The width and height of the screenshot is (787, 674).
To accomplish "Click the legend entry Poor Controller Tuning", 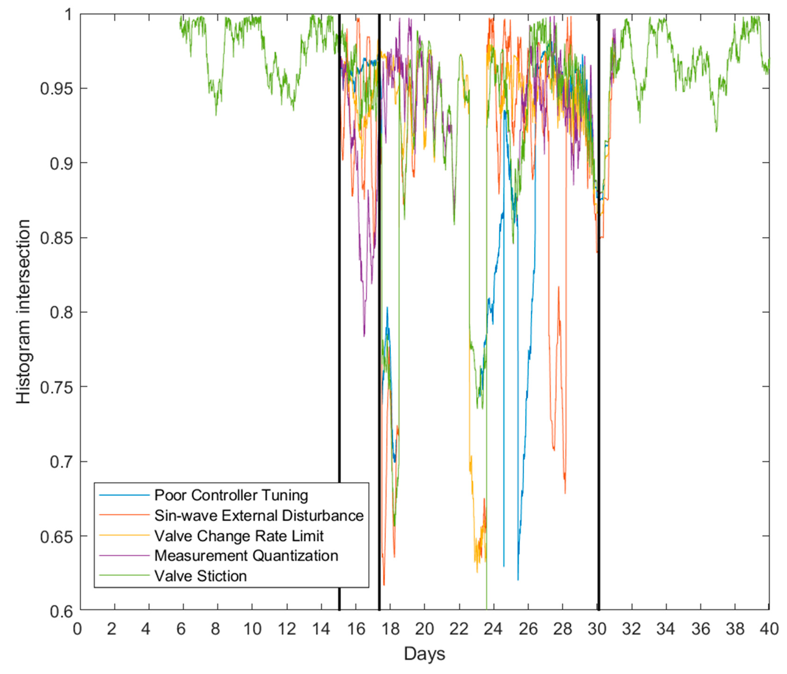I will pyautogui.click(x=231, y=496).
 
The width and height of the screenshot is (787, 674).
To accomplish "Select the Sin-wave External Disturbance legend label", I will pyautogui.click(x=259, y=516).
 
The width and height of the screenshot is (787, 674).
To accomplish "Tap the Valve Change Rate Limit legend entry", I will pyautogui.click(x=239, y=536).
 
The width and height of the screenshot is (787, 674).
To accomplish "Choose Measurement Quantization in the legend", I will pyautogui.click(x=246, y=556).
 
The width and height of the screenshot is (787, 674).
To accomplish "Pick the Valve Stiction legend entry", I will pyautogui.click(x=201, y=576).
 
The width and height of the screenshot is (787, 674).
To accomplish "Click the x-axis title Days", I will pyautogui.click(x=424, y=654).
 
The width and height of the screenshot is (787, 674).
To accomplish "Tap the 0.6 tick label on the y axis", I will pyautogui.click(x=61, y=611).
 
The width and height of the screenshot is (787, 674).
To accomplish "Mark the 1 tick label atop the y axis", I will pyautogui.click(x=68, y=15).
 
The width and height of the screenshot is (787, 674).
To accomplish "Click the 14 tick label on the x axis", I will pyautogui.click(x=321, y=629).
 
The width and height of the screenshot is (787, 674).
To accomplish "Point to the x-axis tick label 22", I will pyautogui.click(x=459, y=629).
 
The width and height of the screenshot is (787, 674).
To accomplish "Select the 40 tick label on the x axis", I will pyautogui.click(x=769, y=629).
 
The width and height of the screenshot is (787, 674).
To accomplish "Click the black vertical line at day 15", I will pyautogui.click(x=339, y=304).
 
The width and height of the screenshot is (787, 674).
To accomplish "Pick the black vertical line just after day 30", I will pyautogui.click(x=599, y=304).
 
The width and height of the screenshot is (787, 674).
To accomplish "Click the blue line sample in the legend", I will pyautogui.click(x=124, y=496).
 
